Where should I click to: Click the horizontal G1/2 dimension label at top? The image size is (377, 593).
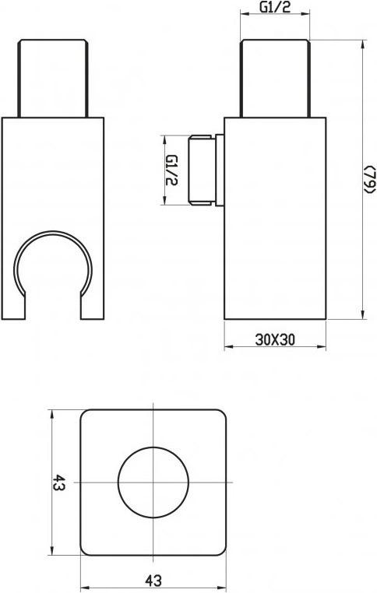point(275,7)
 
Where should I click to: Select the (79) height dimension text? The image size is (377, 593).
point(370,180)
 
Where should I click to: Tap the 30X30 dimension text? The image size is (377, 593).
point(275,339)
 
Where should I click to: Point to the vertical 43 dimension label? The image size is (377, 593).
point(59,482)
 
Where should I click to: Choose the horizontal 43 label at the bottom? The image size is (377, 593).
point(153,580)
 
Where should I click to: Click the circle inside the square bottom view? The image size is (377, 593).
point(153,482)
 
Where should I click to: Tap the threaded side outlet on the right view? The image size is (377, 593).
point(202,170)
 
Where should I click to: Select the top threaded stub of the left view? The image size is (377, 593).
point(53,78)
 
